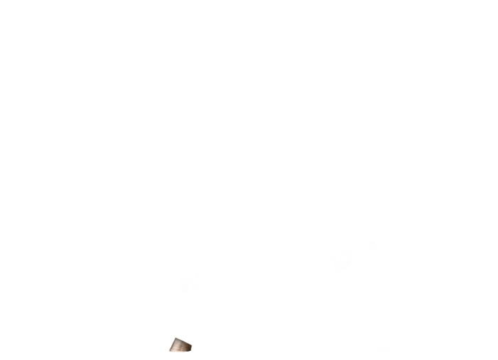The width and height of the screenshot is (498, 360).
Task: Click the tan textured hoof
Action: (x=181, y=345)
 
